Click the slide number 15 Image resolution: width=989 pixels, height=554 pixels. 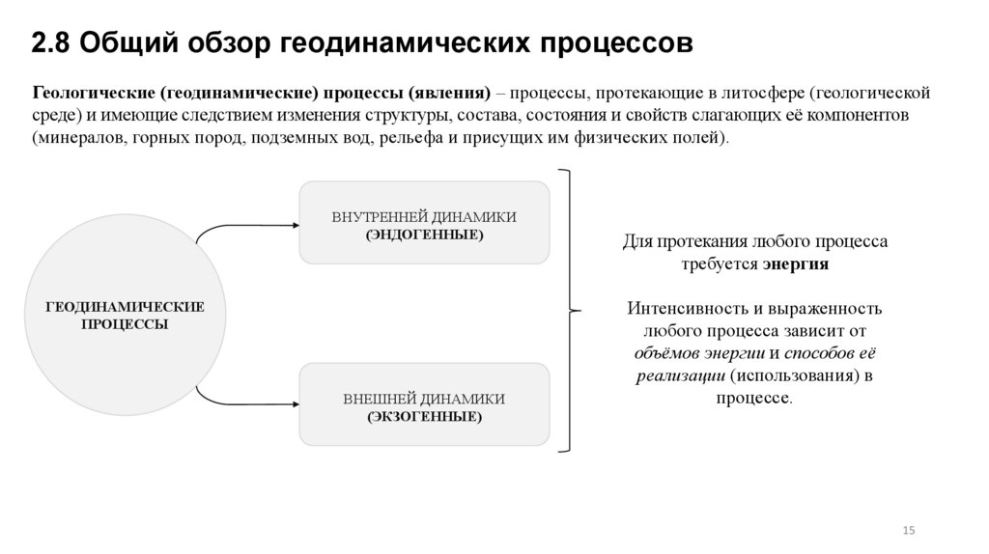908,531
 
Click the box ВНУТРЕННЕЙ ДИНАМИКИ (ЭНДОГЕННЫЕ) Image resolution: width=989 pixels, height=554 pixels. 424,222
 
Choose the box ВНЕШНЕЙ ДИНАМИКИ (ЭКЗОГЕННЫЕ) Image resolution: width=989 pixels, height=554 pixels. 424,403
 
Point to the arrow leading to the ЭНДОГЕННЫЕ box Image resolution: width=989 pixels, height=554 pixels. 246,228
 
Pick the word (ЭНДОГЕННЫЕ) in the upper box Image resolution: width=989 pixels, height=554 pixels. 424,235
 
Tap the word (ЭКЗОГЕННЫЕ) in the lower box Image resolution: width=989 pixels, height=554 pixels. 424,417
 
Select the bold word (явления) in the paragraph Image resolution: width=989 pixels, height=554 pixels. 449,94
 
